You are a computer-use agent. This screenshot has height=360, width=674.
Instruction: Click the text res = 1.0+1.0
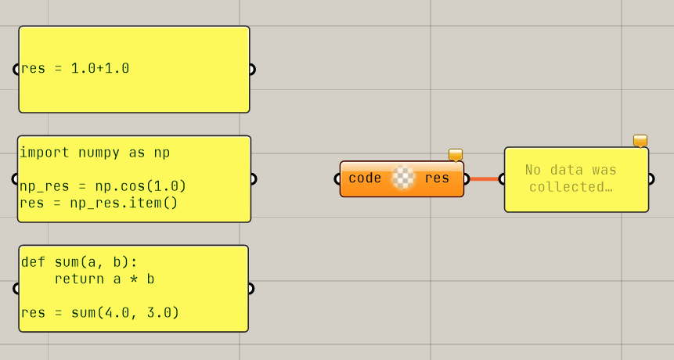tap(75, 69)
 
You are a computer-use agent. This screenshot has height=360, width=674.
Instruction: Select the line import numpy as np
tap(95, 153)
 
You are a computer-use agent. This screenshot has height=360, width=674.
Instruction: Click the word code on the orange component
tap(365, 178)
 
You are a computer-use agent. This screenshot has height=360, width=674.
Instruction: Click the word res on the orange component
tap(437, 178)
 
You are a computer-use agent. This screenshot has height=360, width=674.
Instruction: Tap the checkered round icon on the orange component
tap(402, 178)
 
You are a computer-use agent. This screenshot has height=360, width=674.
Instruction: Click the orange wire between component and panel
tap(483, 178)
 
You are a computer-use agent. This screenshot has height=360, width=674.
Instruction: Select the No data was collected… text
tap(571, 178)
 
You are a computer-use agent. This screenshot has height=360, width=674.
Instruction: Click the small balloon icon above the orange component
tap(456, 154)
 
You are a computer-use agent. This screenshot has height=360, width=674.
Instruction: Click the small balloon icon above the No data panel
tap(640, 141)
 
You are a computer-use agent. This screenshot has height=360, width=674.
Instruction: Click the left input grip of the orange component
tap(337, 178)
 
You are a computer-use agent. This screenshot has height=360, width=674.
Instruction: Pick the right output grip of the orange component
tap(467, 178)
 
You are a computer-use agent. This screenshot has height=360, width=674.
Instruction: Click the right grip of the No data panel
tap(651, 178)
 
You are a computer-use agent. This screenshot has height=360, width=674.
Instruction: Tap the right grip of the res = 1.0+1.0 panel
tap(251, 69)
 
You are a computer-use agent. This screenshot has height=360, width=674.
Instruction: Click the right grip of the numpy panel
tap(253, 178)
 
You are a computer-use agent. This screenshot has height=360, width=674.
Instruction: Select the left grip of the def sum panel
tap(16, 288)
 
